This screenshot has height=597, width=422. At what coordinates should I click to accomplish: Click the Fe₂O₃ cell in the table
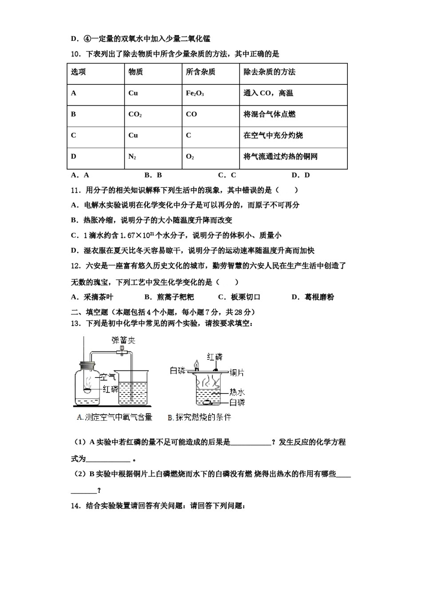(x=195, y=93)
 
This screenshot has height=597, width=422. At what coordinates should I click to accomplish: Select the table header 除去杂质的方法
(x=269, y=72)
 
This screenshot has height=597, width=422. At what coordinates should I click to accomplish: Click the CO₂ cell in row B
(x=135, y=114)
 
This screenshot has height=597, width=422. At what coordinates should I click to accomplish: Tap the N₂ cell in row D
(x=132, y=157)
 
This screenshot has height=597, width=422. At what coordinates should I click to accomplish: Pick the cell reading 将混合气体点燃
(x=269, y=114)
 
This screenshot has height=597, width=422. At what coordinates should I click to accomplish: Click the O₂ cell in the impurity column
(x=190, y=157)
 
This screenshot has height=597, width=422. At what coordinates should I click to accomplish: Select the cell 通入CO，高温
(x=268, y=93)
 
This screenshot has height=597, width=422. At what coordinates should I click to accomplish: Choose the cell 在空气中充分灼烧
(x=273, y=135)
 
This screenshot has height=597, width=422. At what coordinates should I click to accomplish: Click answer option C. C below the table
(x=227, y=175)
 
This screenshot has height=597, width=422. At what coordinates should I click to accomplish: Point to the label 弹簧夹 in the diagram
(x=123, y=340)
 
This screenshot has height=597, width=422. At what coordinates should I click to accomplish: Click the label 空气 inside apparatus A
(x=107, y=377)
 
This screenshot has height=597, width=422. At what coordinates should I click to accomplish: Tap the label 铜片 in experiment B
(x=237, y=373)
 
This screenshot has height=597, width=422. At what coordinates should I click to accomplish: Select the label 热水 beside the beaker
(x=237, y=392)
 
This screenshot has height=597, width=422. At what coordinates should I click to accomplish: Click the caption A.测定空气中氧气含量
(x=114, y=417)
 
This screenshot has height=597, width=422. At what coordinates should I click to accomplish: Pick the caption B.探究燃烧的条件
(x=199, y=417)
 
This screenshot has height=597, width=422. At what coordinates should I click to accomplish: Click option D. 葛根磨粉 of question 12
(x=313, y=297)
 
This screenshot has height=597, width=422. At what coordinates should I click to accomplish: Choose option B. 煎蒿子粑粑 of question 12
(x=169, y=297)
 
